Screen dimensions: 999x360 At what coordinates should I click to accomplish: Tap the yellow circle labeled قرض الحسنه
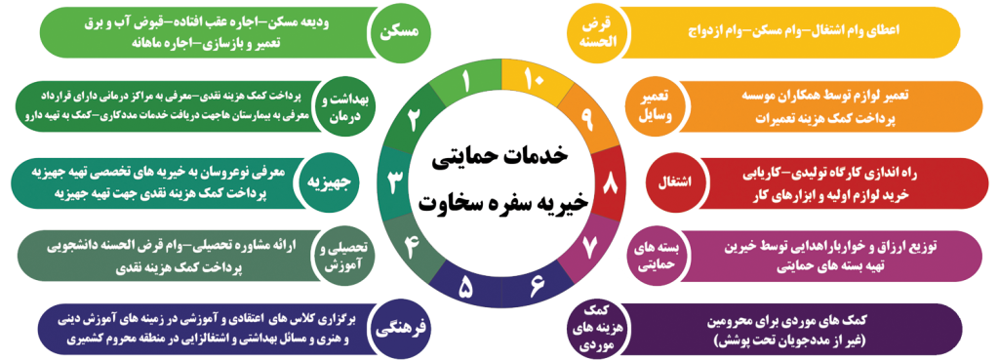point(598,32)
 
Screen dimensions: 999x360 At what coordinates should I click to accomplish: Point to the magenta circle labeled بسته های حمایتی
point(657,257)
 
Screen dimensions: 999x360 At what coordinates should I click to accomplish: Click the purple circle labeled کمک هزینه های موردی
point(597,330)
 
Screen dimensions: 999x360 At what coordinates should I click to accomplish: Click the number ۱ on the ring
point(466,82)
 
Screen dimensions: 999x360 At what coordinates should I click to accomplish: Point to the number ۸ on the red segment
point(610,182)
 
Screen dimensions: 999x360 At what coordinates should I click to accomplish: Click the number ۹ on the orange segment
point(586,118)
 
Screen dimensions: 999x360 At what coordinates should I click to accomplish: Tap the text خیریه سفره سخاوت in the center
point(500,203)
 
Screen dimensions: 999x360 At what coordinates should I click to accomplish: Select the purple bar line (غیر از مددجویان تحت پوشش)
point(788,341)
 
